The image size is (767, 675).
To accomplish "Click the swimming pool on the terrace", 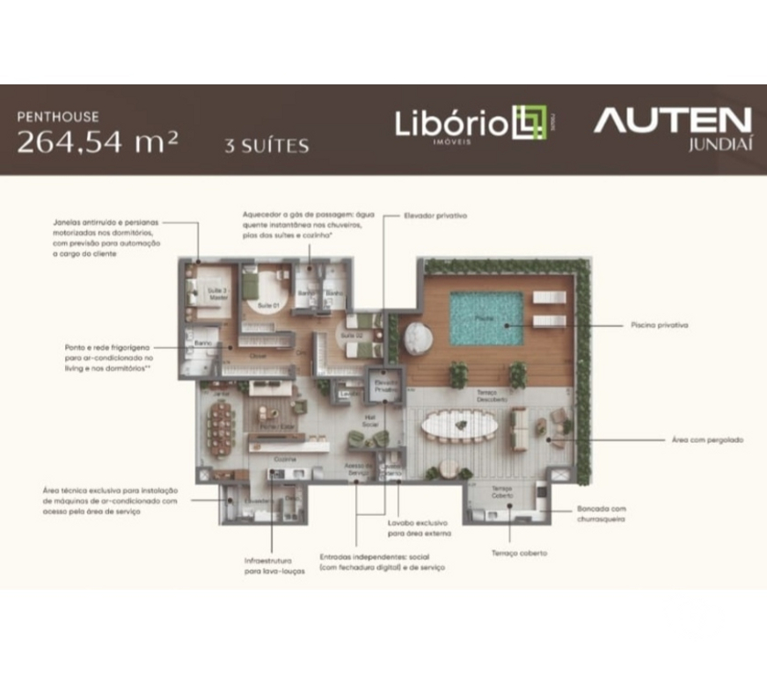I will click(x=486, y=317).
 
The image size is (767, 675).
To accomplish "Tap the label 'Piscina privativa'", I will click(x=659, y=325).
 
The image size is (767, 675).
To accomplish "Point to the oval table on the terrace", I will click(x=458, y=427).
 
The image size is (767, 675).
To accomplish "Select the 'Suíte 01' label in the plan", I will click(x=265, y=304).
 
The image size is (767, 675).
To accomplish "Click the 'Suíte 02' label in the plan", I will click(x=351, y=336).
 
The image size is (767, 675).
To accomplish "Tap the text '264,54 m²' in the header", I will click(x=97, y=141).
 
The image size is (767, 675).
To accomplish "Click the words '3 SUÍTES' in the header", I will click(x=267, y=145).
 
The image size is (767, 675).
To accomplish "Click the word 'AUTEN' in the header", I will click(x=673, y=120).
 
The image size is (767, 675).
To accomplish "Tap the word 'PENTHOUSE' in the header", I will click(x=58, y=116).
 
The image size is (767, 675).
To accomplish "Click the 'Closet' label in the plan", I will click(x=259, y=355).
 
